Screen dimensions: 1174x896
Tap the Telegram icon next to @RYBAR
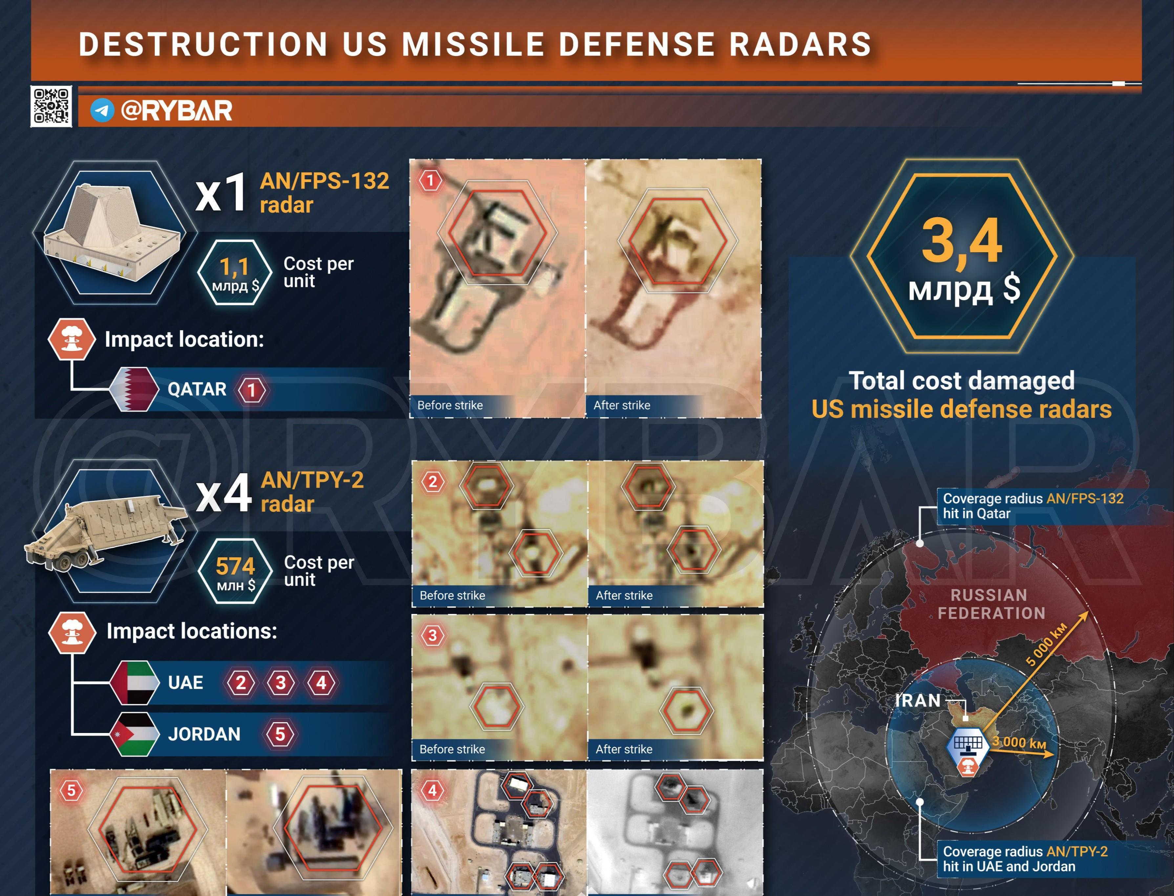[x=102, y=111]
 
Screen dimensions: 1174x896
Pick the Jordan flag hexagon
[x=135, y=734]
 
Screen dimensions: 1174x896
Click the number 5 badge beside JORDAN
[x=280, y=734]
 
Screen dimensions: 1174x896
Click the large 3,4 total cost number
[x=962, y=241]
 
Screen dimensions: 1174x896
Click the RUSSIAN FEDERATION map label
[x=991, y=604]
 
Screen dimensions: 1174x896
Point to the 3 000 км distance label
[x=1019, y=743]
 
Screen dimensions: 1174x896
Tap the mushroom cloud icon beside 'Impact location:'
[x=72, y=339]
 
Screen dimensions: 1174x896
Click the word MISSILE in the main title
[x=473, y=44]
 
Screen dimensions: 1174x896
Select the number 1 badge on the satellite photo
[x=430, y=180]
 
